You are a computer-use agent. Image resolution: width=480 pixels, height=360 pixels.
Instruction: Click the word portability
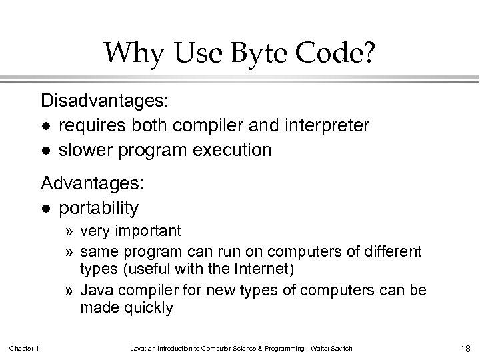(x=99, y=208)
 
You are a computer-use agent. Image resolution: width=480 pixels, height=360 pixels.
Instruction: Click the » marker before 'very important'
(x=69, y=231)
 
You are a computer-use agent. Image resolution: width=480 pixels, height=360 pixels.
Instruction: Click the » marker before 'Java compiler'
(x=69, y=291)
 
